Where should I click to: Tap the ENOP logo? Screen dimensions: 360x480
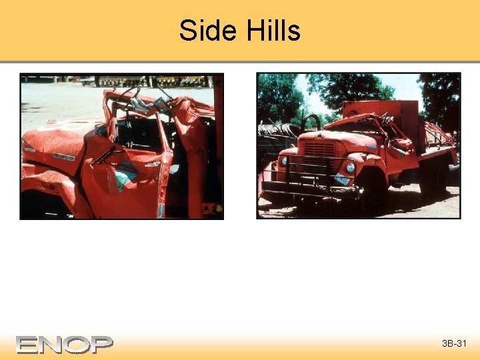point(65,345)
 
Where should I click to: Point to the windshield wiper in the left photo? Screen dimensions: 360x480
point(107,156)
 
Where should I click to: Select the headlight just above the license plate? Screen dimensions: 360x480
point(350,167)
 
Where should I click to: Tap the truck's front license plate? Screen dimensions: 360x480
point(343,181)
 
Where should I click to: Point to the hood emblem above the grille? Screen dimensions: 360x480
point(321,136)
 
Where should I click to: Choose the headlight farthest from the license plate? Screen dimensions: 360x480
point(285,161)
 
